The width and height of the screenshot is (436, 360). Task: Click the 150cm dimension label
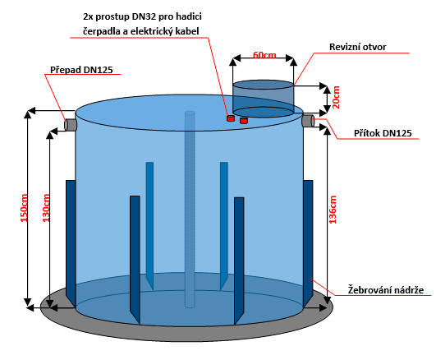tap(24, 208)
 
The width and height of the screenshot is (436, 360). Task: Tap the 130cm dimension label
tap(46, 208)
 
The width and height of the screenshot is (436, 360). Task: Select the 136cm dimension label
tap(333, 210)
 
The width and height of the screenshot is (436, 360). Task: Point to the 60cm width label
tap(264, 55)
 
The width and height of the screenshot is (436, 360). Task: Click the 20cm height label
tap(336, 97)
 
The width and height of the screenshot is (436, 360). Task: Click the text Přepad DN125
tap(81, 70)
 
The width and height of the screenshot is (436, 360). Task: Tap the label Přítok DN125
tap(383, 133)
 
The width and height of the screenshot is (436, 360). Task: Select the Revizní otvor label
tap(358, 47)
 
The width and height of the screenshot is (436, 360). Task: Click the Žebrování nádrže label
tap(386, 290)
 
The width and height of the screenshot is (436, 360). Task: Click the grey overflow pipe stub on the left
tap(71, 124)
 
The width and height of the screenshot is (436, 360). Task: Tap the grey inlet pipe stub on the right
tap(309, 120)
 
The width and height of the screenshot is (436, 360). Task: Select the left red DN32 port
tap(231, 118)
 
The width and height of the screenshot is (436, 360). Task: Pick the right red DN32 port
tap(244, 120)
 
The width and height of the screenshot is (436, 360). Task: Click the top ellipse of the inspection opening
tap(263, 85)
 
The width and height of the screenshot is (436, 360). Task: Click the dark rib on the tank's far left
tap(71, 243)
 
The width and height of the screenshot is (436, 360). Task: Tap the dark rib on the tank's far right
tap(308, 243)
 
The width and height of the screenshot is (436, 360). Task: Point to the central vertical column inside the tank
tap(190, 210)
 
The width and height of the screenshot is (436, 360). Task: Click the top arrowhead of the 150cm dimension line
tap(28, 113)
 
